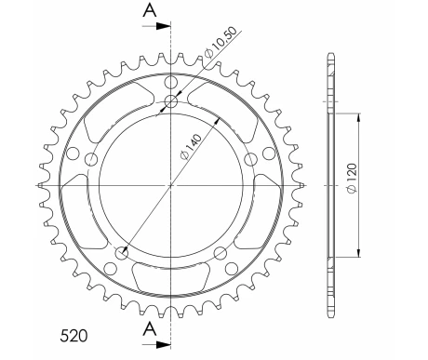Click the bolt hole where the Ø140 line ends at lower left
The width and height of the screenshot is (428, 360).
pos(121,251)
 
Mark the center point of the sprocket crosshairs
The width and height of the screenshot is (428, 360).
pos(170,185)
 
